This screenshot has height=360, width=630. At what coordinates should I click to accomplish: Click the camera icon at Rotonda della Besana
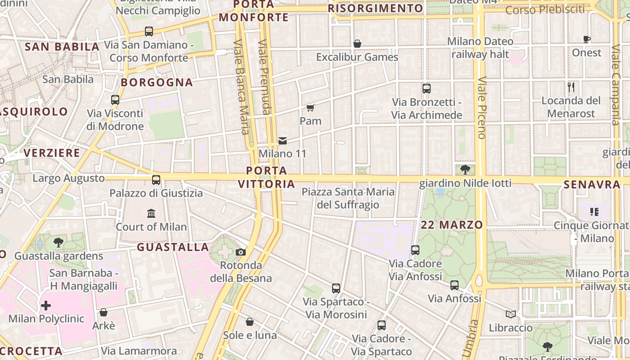tap(241, 252)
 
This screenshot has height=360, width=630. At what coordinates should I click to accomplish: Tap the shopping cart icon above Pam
tap(310, 108)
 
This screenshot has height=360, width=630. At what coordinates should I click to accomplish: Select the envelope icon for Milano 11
tap(283, 141)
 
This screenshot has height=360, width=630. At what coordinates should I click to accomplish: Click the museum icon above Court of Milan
tap(151, 213)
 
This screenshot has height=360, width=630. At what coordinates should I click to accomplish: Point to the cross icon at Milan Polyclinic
tap(45, 306)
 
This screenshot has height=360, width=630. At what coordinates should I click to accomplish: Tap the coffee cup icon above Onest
tap(587, 39)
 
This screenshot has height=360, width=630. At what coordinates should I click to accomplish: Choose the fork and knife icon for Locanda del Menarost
tap(571, 87)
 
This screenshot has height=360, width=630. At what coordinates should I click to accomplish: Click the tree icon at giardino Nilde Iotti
tap(465, 170)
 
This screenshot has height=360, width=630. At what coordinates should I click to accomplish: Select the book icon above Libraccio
tap(510, 314)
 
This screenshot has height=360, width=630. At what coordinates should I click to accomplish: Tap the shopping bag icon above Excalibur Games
tap(357, 44)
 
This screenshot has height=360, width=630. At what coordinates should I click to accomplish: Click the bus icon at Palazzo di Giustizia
tap(156, 180)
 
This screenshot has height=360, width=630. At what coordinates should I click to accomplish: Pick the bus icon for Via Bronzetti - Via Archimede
tap(427, 89)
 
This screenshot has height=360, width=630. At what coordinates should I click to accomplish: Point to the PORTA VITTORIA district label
tap(266, 177)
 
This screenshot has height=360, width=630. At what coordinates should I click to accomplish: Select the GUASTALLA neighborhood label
tap(173, 247)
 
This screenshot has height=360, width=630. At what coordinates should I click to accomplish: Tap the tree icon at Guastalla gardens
tap(58, 243)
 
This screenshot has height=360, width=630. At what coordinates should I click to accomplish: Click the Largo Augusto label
tap(68, 178)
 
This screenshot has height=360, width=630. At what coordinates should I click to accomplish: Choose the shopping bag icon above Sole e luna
tap(250, 322)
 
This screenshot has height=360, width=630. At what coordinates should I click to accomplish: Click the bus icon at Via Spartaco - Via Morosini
tap(336, 288)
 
